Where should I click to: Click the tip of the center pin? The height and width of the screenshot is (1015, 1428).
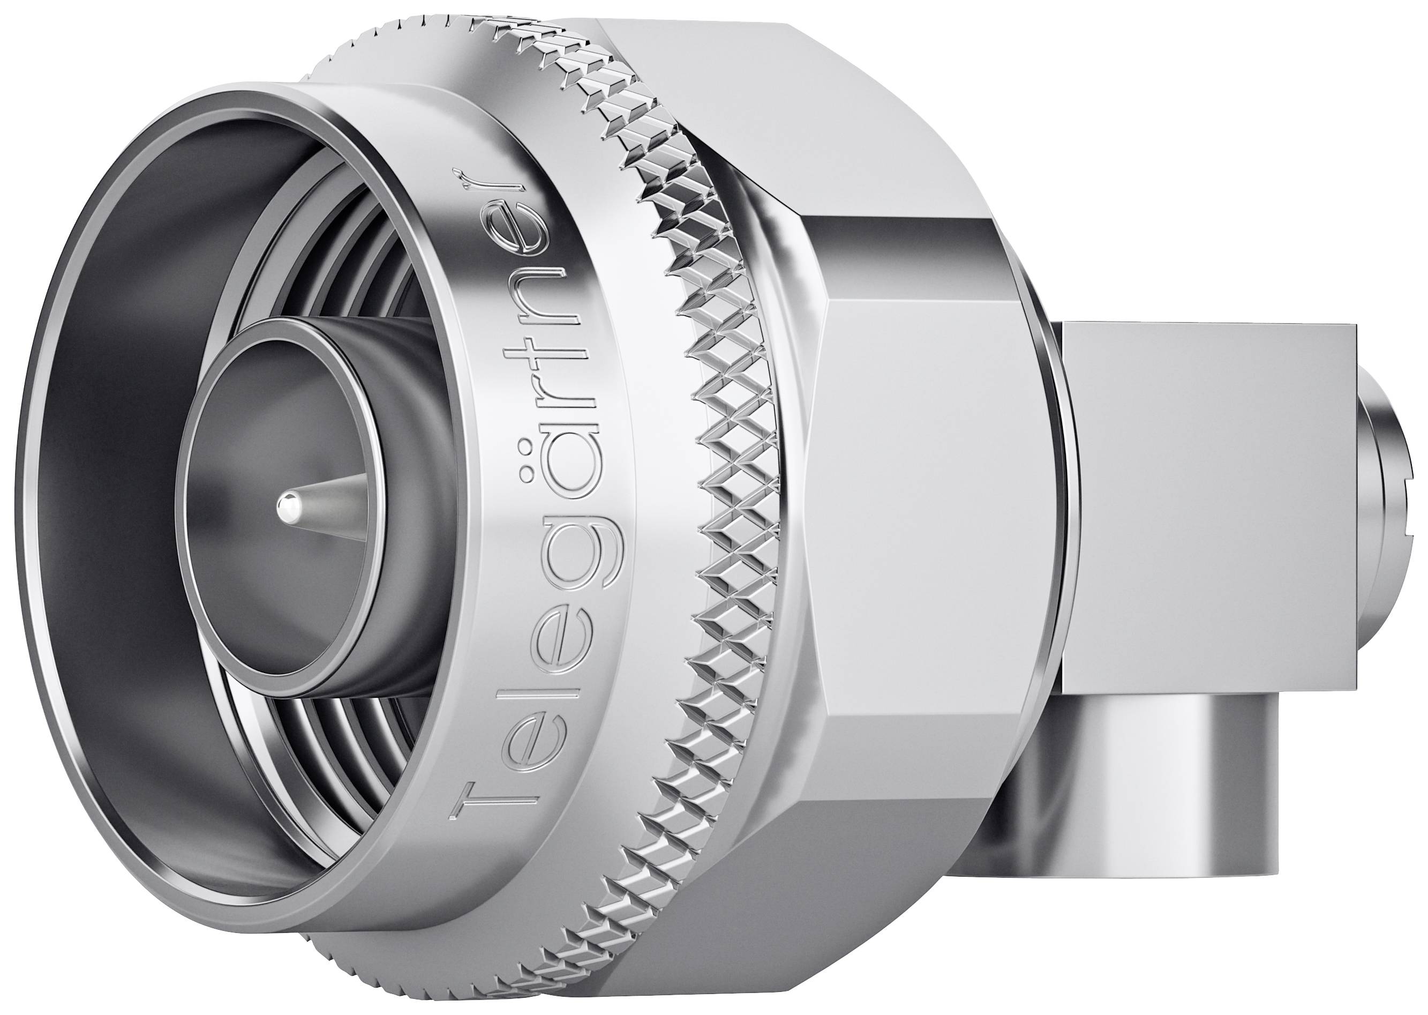point(288,501)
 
